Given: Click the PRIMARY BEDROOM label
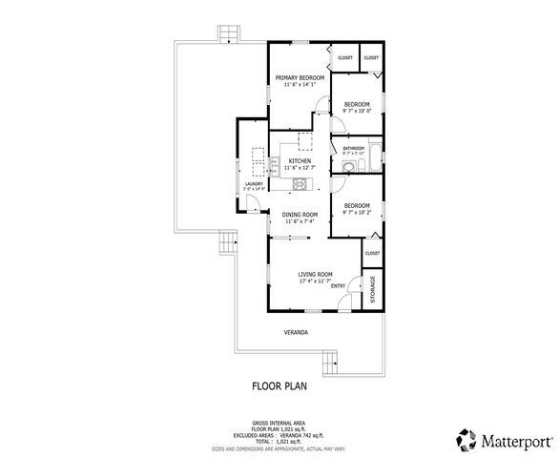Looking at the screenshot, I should (300, 77).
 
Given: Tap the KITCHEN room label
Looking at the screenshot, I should (300, 161).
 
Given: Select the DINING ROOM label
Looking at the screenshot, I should (300, 215).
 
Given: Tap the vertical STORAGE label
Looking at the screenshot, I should (372, 290).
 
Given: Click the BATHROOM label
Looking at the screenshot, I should (354, 148).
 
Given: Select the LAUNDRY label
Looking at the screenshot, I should (254, 184).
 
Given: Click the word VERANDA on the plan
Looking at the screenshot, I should (297, 332).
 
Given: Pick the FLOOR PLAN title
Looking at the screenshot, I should (279, 387).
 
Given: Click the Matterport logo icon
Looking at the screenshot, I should (465, 440).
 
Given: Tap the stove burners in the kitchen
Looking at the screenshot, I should (300, 182).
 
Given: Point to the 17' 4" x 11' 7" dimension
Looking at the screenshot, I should (314, 281).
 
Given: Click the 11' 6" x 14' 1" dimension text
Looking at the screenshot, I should (300, 85).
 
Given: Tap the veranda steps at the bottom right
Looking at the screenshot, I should (331, 363).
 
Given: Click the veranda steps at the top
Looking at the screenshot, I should (229, 34).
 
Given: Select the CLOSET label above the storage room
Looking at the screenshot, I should (372, 253).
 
